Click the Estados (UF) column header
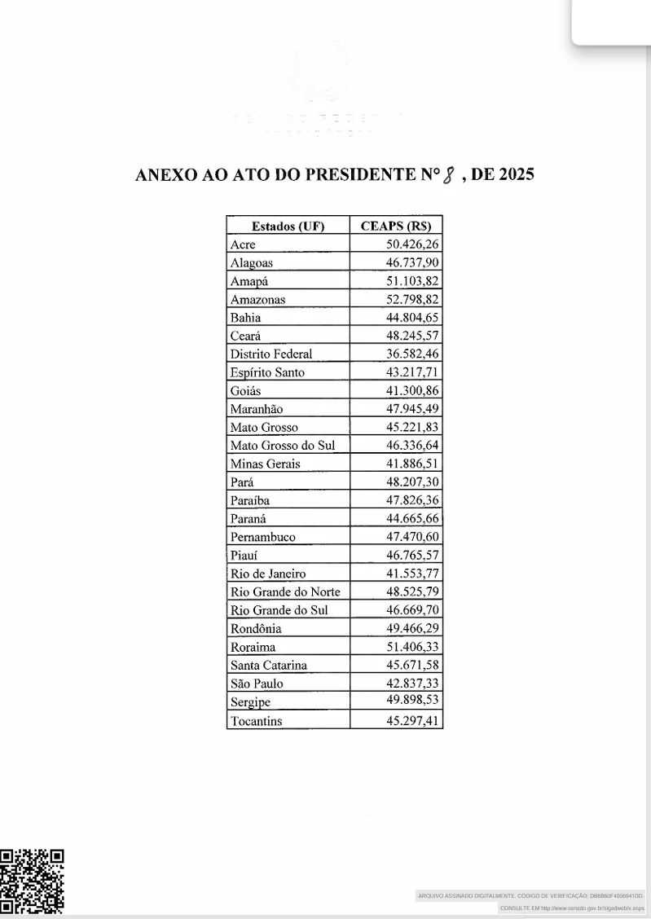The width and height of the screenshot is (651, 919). point(288,226)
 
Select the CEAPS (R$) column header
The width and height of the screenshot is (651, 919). point(396,226)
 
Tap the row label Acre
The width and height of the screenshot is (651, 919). point(243,244)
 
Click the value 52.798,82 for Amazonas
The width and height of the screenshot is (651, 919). point(412,299)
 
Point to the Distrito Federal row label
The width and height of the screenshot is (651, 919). point(271,354)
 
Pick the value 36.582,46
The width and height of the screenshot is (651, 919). point(412,354)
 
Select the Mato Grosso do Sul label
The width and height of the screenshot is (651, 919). point(283,446)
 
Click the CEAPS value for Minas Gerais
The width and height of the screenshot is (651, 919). point(412,464)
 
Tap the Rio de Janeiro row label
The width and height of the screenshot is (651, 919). point(268,574)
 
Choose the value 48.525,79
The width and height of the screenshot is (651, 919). point(412,591)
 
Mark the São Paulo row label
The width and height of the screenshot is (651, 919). point(257,684)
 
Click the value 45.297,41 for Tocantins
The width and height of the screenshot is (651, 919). point(412,720)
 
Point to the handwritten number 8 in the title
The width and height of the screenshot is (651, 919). point(446,175)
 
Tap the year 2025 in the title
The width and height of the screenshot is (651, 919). point(516,174)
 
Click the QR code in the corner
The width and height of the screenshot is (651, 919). point(32,882)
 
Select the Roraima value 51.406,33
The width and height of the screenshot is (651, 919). point(412,647)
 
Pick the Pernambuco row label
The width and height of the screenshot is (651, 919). point(262,537)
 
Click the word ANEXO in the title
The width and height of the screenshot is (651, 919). point(165,175)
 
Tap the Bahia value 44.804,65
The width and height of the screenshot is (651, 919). point(412,318)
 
